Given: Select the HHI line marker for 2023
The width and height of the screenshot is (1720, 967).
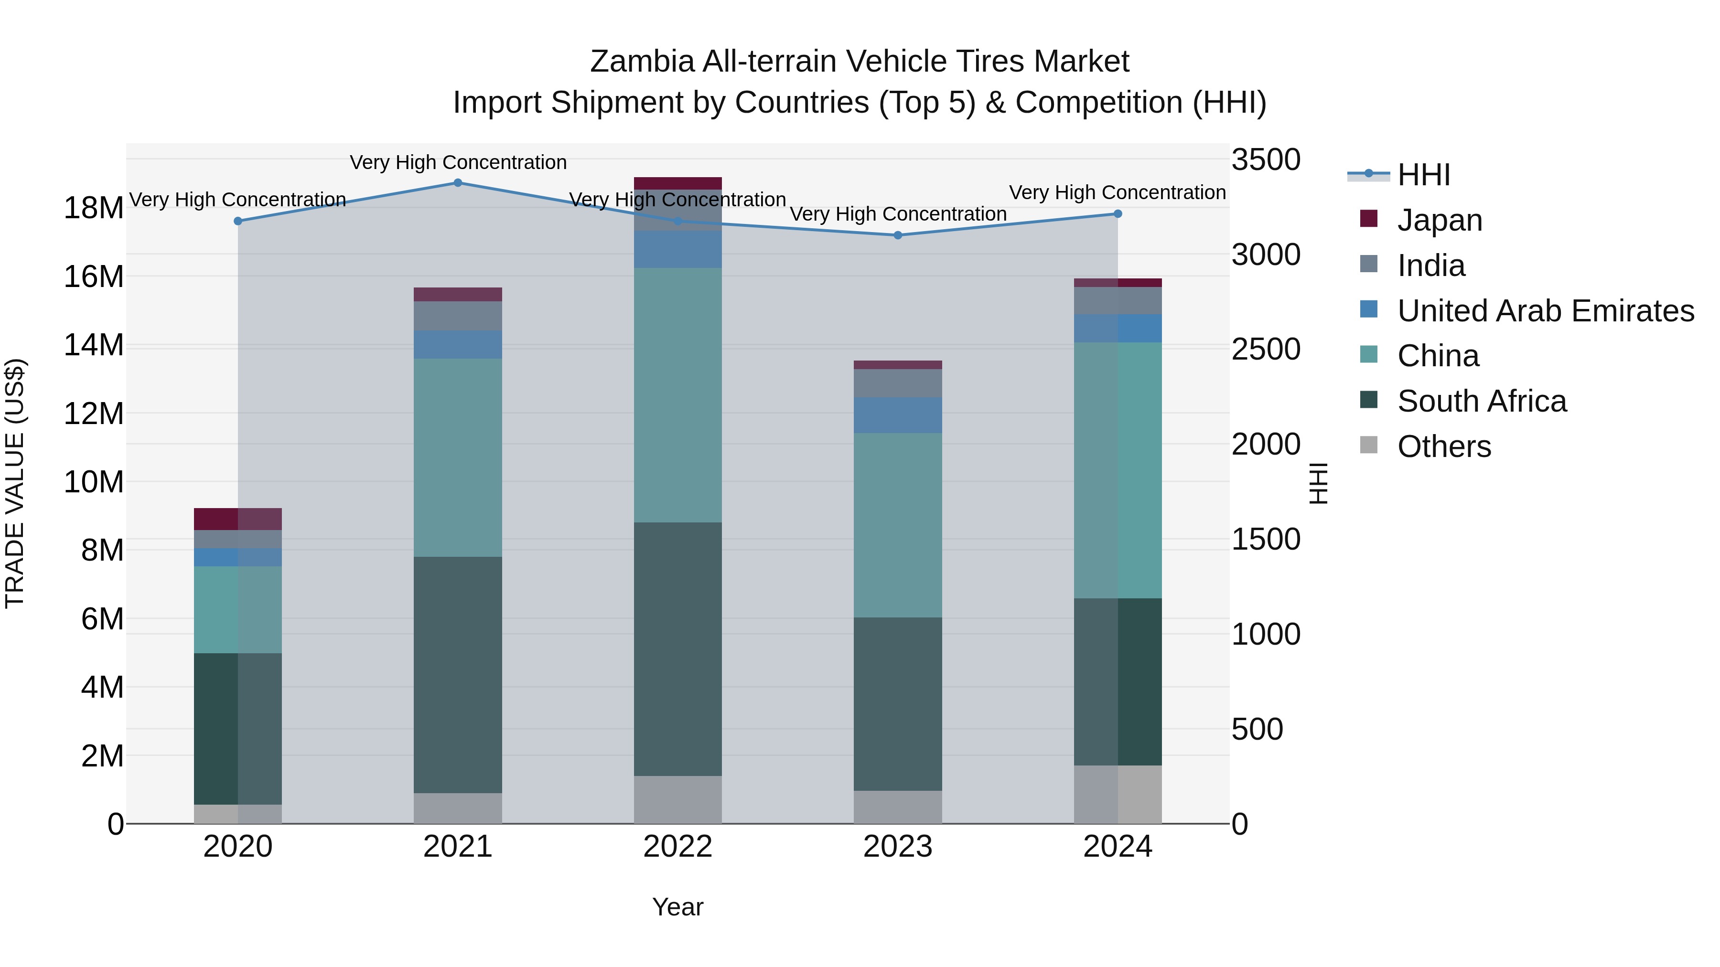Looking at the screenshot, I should [897, 235].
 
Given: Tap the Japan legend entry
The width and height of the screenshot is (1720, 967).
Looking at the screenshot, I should [1439, 220].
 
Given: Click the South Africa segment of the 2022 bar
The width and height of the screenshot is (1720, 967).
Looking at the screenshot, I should [677, 648].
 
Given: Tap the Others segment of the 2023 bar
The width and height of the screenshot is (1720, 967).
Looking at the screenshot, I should [897, 807].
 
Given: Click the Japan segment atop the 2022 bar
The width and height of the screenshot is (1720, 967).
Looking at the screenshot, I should [677, 183].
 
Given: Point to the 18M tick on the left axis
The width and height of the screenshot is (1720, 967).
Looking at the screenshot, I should [94, 208].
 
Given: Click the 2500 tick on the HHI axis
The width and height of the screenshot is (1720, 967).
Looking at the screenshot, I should [1265, 350].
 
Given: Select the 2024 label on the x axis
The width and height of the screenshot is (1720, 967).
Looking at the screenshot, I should [1117, 847].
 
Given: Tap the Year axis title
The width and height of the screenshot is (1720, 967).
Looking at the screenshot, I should [677, 907].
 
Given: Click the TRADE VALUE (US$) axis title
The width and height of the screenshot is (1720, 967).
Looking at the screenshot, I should [15, 483].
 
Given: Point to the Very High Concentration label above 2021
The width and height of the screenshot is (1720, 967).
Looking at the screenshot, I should [458, 162].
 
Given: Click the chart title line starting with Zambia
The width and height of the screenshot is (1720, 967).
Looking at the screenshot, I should [860, 62].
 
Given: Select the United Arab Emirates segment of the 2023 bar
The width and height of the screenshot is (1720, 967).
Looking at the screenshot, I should [897, 415].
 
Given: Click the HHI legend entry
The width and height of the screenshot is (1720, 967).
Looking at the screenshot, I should [1423, 175].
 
